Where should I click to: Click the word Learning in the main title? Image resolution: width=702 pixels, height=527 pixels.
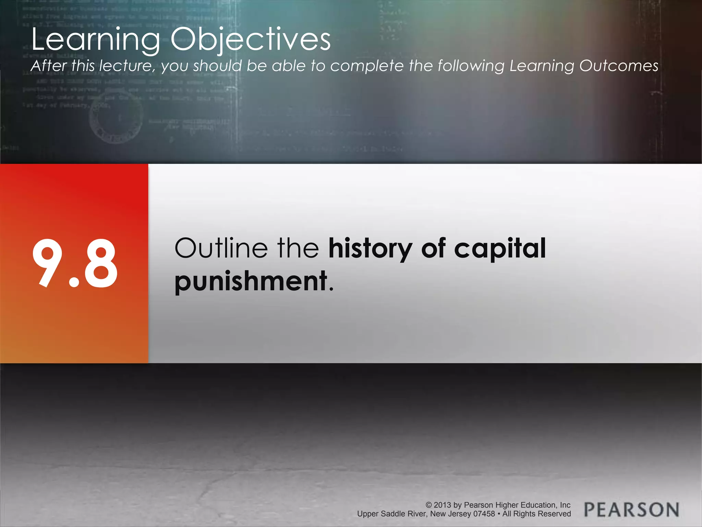(96, 40)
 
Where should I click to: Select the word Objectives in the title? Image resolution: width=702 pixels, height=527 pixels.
(251, 40)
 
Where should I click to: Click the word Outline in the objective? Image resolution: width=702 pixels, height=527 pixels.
(221, 248)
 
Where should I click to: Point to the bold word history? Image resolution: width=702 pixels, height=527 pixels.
(370, 248)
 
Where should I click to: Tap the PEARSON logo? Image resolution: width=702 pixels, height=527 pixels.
(631, 510)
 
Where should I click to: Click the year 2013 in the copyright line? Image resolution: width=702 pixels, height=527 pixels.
(442, 505)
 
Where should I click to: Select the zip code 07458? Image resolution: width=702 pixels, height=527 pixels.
(484, 514)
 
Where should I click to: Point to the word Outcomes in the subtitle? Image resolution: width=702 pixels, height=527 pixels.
(618, 66)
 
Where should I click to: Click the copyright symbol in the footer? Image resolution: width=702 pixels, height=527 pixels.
(428, 505)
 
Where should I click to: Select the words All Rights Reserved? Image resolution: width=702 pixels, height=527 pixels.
(536, 514)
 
